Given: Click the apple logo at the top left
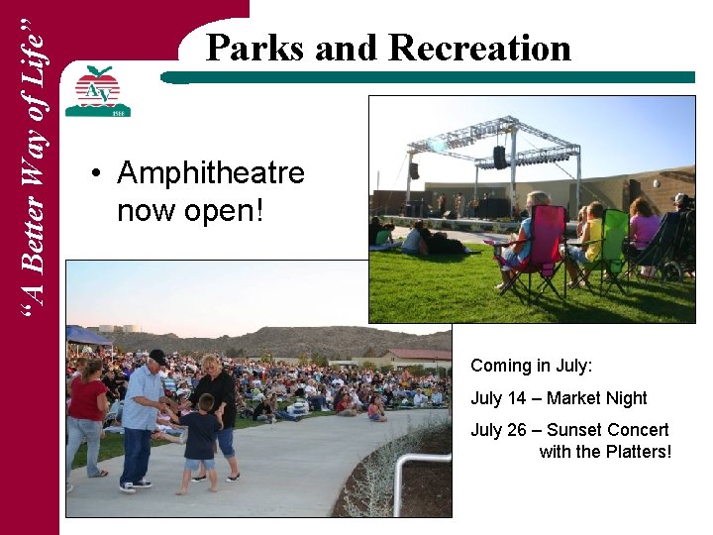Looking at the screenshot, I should [97, 90].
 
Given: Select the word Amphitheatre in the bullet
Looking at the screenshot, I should [211, 174].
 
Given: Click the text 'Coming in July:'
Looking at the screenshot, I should [531, 366].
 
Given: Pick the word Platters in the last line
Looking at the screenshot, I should [638, 452].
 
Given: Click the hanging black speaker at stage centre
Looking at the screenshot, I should [500, 157].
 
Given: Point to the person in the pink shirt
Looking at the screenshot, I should [645, 228].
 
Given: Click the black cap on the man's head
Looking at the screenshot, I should [157, 357].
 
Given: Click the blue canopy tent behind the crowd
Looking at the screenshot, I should [86, 337].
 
